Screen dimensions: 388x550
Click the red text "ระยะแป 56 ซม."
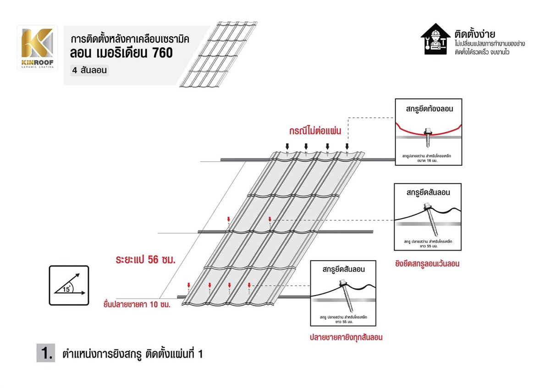[x=146, y=260]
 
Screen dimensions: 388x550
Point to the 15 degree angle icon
[x=69, y=284]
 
